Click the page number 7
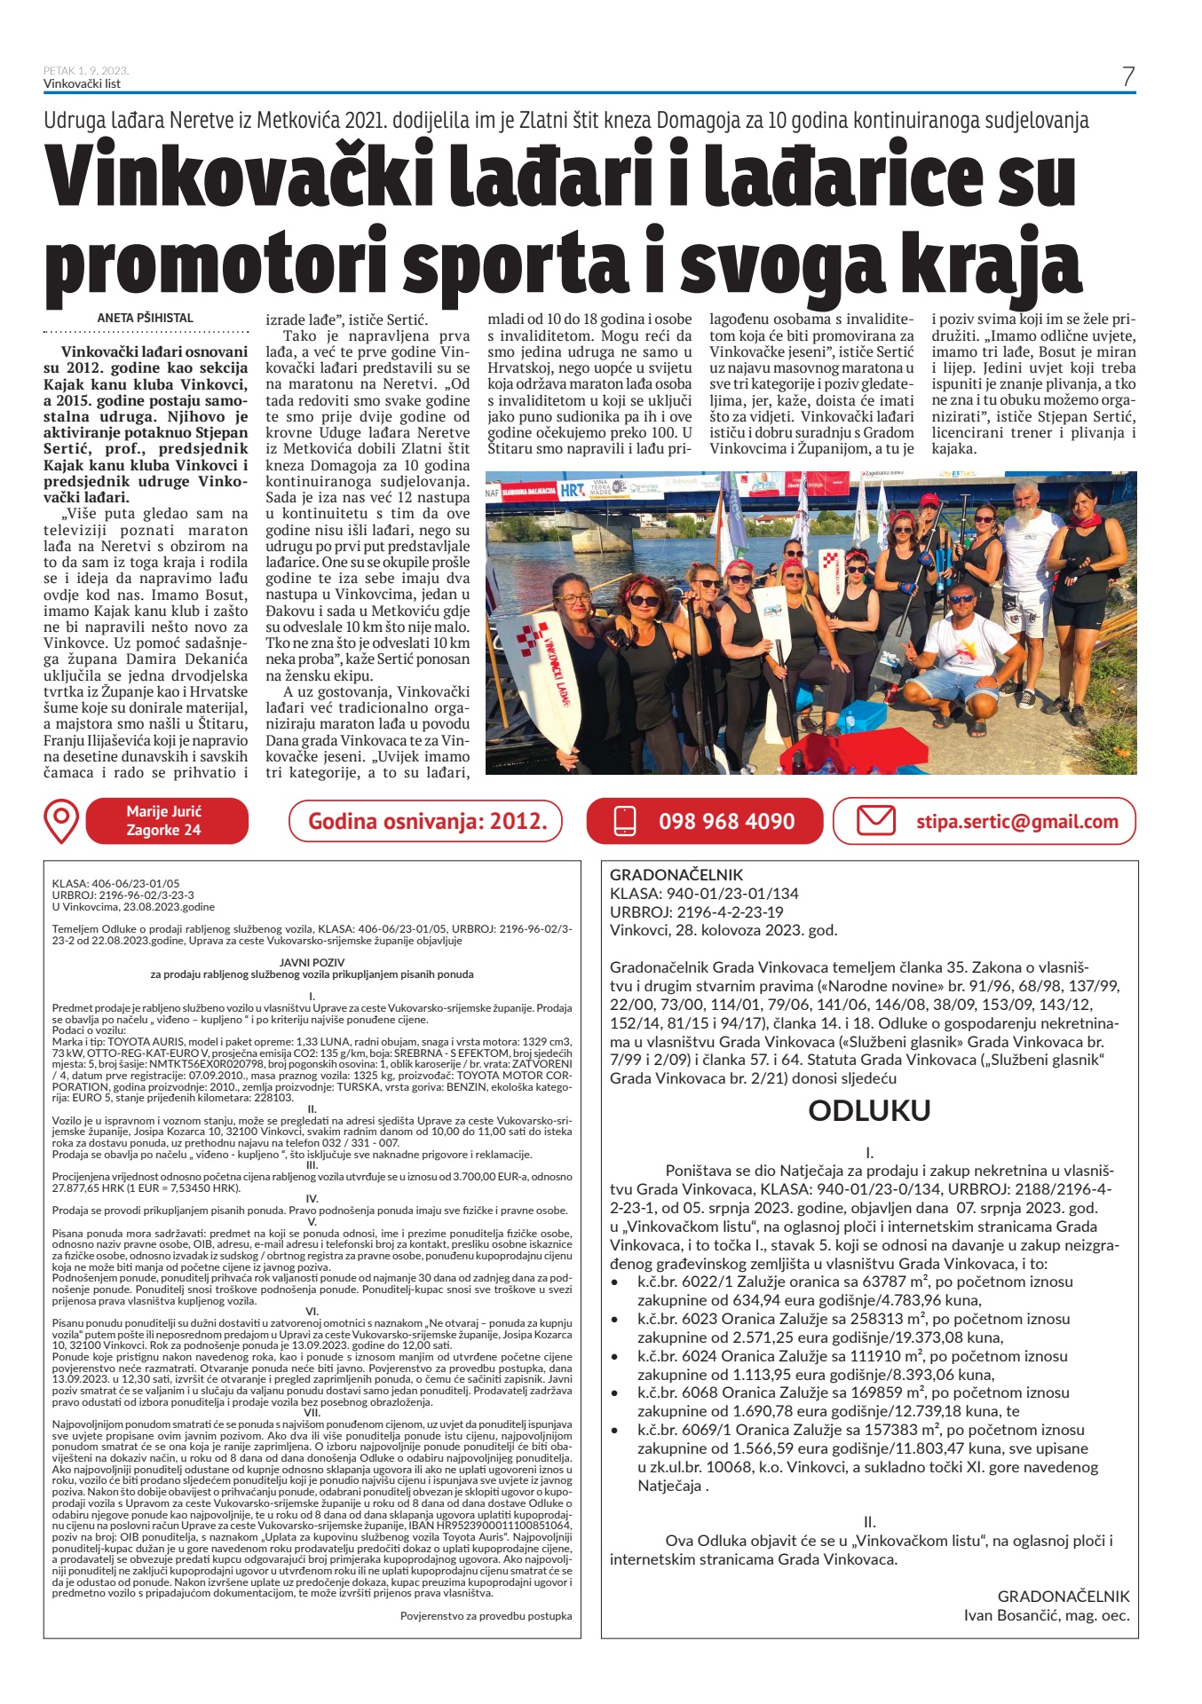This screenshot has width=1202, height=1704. click(1127, 76)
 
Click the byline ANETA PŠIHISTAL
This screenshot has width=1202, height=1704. click(145, 318)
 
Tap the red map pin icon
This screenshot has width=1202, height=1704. click(61, 821)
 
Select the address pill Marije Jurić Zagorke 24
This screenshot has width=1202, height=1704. click(164, 821)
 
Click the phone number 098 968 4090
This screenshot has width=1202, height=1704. click(726, 822)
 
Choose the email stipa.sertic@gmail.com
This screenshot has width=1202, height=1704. click(1016, 822)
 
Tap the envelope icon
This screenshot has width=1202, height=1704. click(875, 820)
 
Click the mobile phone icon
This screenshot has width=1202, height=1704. click(625, 821)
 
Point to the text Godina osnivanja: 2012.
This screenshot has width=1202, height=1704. click(427, 821)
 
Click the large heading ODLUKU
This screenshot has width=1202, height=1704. click(869, 1110)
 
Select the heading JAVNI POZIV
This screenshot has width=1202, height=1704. click(312, 962)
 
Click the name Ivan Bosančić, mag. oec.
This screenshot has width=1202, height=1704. click(1046, 1615)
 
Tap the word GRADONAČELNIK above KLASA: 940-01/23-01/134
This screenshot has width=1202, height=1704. click(676, 874)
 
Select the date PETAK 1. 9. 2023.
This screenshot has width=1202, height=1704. click(86, 71)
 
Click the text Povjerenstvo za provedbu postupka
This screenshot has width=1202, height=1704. click(486, 1615)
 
